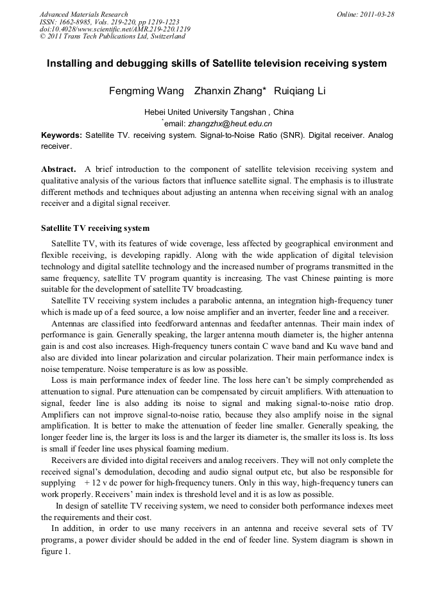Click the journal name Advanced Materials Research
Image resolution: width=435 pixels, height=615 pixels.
tap(84, 14)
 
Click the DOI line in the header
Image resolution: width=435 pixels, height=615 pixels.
tap(115, 29)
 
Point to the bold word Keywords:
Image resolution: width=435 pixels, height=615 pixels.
tap(62, 135)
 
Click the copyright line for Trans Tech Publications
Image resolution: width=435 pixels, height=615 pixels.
tap(112, 37)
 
